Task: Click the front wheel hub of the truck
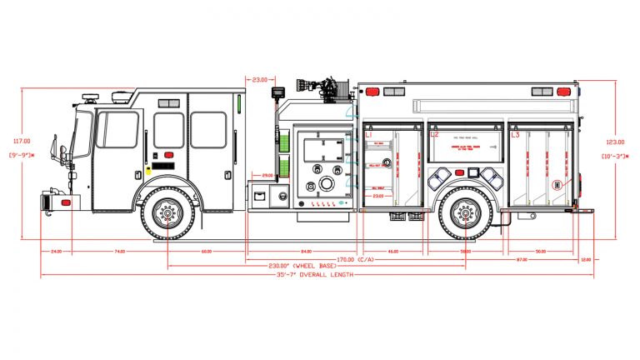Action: tap(167, 214)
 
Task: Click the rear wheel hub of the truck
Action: tap(466, 214)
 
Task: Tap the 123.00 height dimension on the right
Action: tap(613, 141)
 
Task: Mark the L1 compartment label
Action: tap(368, 134)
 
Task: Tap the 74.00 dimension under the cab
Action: tap(119, 250)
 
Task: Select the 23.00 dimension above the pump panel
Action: tap(258, 80)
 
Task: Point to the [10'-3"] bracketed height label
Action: tap(613, 156)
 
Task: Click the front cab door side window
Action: tap(119, 130)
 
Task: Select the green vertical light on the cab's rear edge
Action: tap(239, 103)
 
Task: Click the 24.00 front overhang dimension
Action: tap(56, 250)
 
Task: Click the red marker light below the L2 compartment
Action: tap(472, 172)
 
